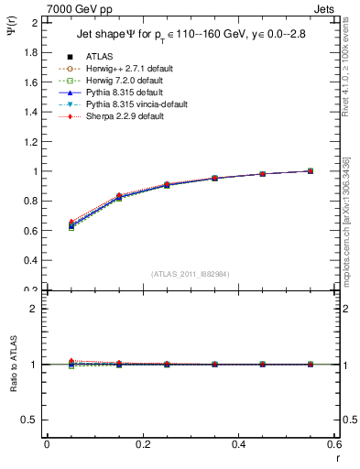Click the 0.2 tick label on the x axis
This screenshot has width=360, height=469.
coord(142,444)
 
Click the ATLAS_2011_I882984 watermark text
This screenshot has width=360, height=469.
coord(191,273)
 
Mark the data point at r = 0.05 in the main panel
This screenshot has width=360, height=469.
coord(71,225)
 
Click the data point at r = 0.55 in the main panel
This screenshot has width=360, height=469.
coord(311,170)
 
